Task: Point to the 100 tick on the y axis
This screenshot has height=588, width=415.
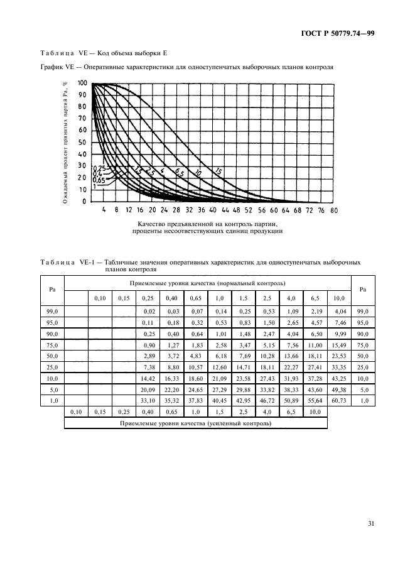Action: pyautogui.click(x=82, y=83)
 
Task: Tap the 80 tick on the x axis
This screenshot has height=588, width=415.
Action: pyautogui.click(x=333, y=210)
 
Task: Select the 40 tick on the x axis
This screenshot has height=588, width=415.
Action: pyautogui.click(x=213, y=210)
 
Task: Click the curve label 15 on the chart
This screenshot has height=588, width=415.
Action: pyautogui.click(x=218, y=171)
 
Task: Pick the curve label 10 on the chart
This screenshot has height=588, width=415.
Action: pyautogui.click(x=198, y=172)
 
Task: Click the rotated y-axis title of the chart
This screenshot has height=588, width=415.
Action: pyautogui.click(x=65, y=141)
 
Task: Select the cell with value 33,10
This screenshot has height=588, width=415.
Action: pyautogui.click(x=148, y=400)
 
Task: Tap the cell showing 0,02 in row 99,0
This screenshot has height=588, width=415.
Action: pyautogui.click(x=148, y=311)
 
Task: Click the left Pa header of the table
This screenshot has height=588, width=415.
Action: pyautogui.click(x=53, y=289)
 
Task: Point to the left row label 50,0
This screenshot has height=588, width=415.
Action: pyautogui.click(x=53, y=356)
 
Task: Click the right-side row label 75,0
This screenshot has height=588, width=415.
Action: pyautogui.click(x=362, y=344)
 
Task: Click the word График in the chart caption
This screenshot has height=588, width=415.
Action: pyautogui.click(x=52, y=67)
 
